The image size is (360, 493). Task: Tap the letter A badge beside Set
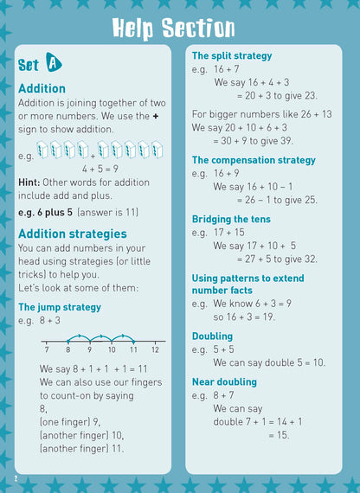click(54, 63)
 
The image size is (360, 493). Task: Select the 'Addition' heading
click(42, 88)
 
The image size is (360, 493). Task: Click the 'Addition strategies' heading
click(72, 234)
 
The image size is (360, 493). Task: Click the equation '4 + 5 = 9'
click(100, 170)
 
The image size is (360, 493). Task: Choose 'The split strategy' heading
click(231, 56)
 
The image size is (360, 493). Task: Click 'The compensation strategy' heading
click(254, 160)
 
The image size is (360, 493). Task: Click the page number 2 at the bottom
click(15, 478)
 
